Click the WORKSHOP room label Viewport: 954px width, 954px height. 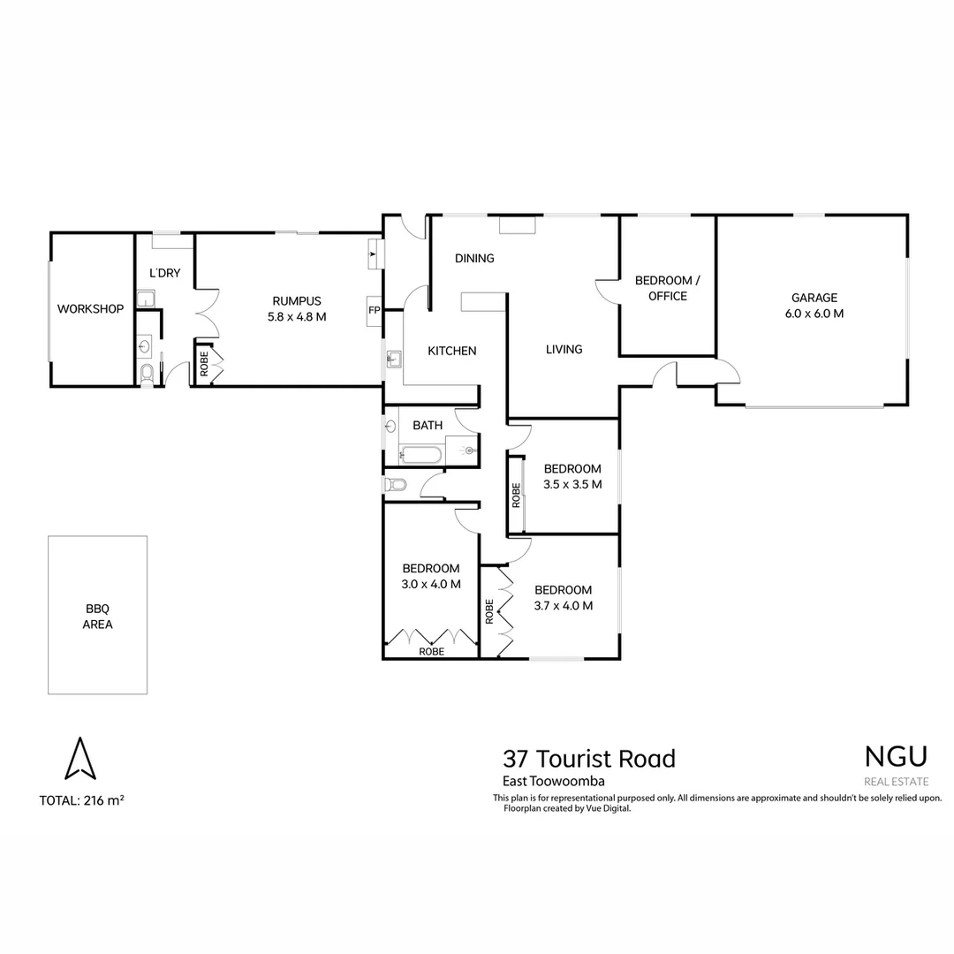pos(90,309)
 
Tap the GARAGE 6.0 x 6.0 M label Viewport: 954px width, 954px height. pos(814,306)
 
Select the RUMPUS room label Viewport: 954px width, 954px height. pos(297,308)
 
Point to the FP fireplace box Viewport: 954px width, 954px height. pos(374,311)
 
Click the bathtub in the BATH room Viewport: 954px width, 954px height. pos(421,455)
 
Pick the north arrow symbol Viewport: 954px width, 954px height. pos(80,759)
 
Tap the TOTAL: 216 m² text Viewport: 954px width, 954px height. pos(81,801)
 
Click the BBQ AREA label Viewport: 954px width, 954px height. pos(98,617)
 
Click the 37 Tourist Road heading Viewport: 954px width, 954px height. pos(588,759)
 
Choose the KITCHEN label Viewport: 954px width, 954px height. pos(451,351)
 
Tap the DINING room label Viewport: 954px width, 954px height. pos(474,259)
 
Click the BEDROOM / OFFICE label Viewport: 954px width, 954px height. pos(667,289)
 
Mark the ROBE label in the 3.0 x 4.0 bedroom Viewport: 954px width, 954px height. pos(431,651)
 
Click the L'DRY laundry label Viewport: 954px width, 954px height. pos(164,273)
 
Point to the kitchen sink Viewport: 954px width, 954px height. pos(394,358)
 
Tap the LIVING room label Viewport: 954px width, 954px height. pos(564,349)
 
